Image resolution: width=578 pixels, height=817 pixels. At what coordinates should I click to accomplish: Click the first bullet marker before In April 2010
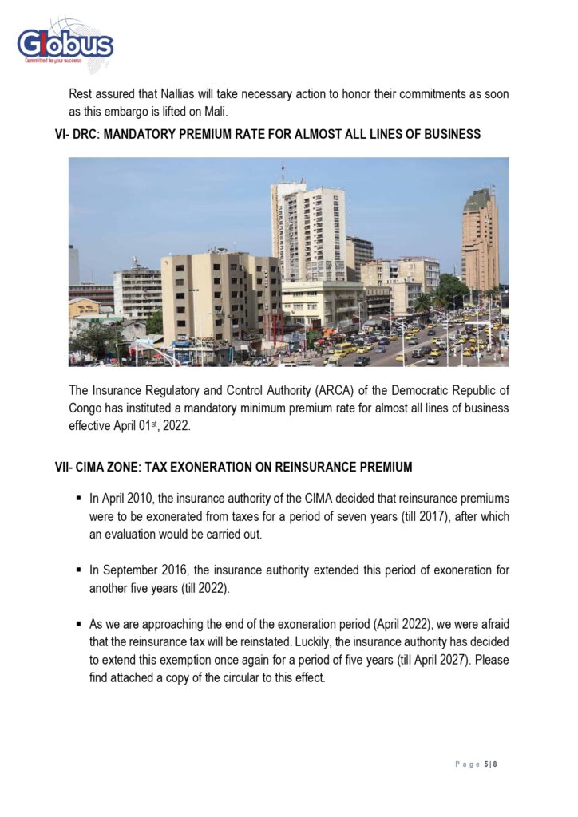click(79, 499)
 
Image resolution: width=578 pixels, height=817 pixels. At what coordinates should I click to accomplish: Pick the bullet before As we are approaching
click(79, 624)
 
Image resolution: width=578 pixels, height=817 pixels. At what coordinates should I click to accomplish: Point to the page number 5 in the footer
click(486, 764)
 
